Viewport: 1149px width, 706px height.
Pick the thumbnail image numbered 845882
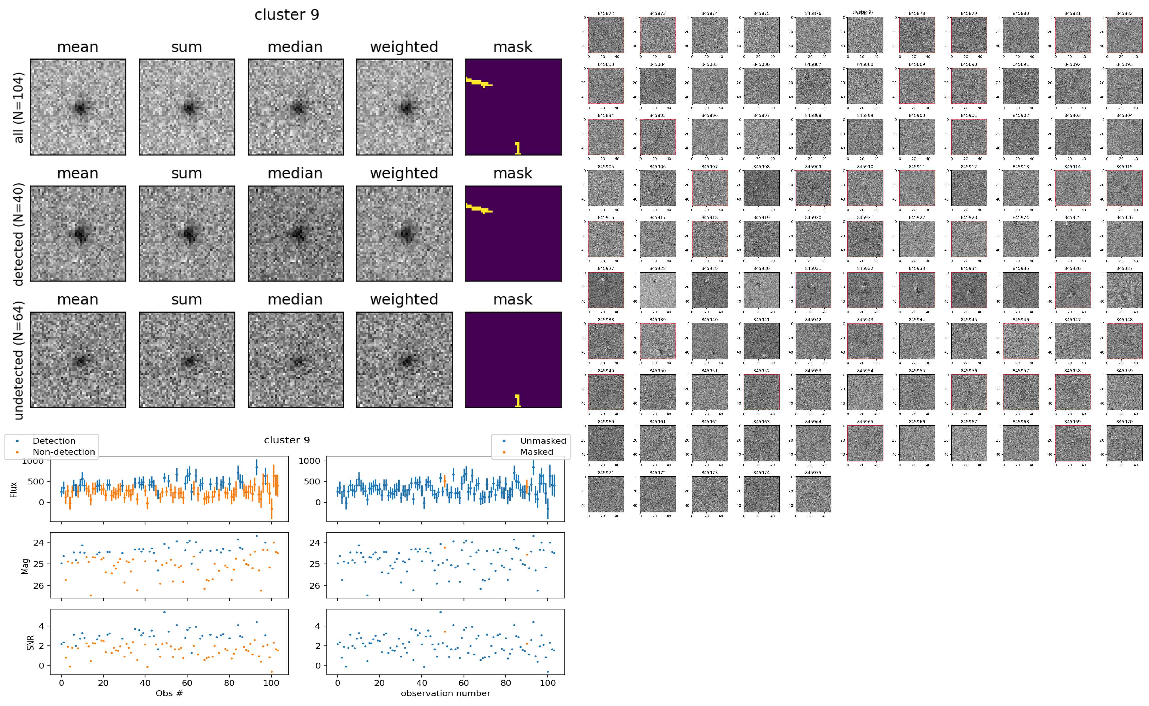1124,35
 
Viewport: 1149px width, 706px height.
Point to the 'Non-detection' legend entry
63,451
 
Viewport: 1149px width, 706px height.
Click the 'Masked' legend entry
536,451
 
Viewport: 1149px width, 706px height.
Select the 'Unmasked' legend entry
543,441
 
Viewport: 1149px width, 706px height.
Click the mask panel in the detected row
513,233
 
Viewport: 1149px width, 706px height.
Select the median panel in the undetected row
296,360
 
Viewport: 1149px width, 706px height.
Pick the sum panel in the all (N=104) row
187,107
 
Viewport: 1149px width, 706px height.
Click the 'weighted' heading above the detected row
404,173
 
